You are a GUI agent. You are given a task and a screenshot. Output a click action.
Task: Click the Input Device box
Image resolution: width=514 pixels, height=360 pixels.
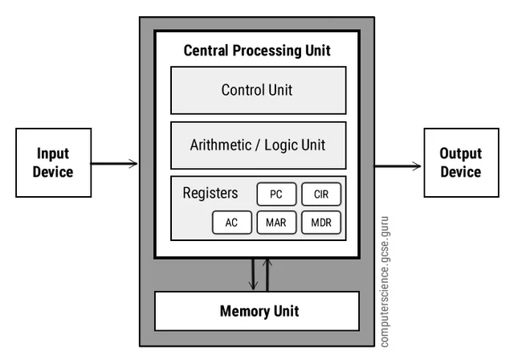tap(53, 164)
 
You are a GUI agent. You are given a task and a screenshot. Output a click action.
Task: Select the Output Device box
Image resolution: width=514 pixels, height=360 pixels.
tap(460, 164)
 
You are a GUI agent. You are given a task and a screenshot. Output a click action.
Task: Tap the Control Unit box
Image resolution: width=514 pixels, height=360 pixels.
tap(258, 90)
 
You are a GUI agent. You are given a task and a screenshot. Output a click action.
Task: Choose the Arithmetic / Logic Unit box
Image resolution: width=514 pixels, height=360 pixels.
tap(258, 145)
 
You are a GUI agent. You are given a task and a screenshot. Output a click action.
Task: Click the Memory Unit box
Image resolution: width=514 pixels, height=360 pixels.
tap(256, 311)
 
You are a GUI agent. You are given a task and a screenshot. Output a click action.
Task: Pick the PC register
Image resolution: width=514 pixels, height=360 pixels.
tap(276, 194)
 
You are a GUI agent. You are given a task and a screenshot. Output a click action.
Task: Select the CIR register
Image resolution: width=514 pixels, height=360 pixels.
tap(321, 194)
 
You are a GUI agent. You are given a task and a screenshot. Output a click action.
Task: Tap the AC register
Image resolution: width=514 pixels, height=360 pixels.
tap(232, 223)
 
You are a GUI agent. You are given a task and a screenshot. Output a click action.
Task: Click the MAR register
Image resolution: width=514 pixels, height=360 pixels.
tap(276, 223)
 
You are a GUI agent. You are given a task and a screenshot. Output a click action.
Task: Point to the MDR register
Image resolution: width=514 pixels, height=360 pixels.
tap(321, 223)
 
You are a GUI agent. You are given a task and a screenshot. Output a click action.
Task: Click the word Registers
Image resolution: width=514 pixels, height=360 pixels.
tap(210, 194)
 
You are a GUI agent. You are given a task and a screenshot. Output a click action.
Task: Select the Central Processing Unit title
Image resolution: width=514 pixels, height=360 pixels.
tap(257, 51)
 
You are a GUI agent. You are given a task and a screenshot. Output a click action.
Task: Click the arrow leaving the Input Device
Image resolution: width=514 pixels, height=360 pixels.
tap(113, 165)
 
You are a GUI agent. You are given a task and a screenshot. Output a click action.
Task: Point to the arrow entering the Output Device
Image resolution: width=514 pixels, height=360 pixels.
tap(399, 166)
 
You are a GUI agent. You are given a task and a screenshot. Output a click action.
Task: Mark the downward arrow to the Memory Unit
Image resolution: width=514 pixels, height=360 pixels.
tap(252, 275)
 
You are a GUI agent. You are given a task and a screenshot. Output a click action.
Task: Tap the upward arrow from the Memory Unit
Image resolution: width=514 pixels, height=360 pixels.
tap(267, 275)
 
